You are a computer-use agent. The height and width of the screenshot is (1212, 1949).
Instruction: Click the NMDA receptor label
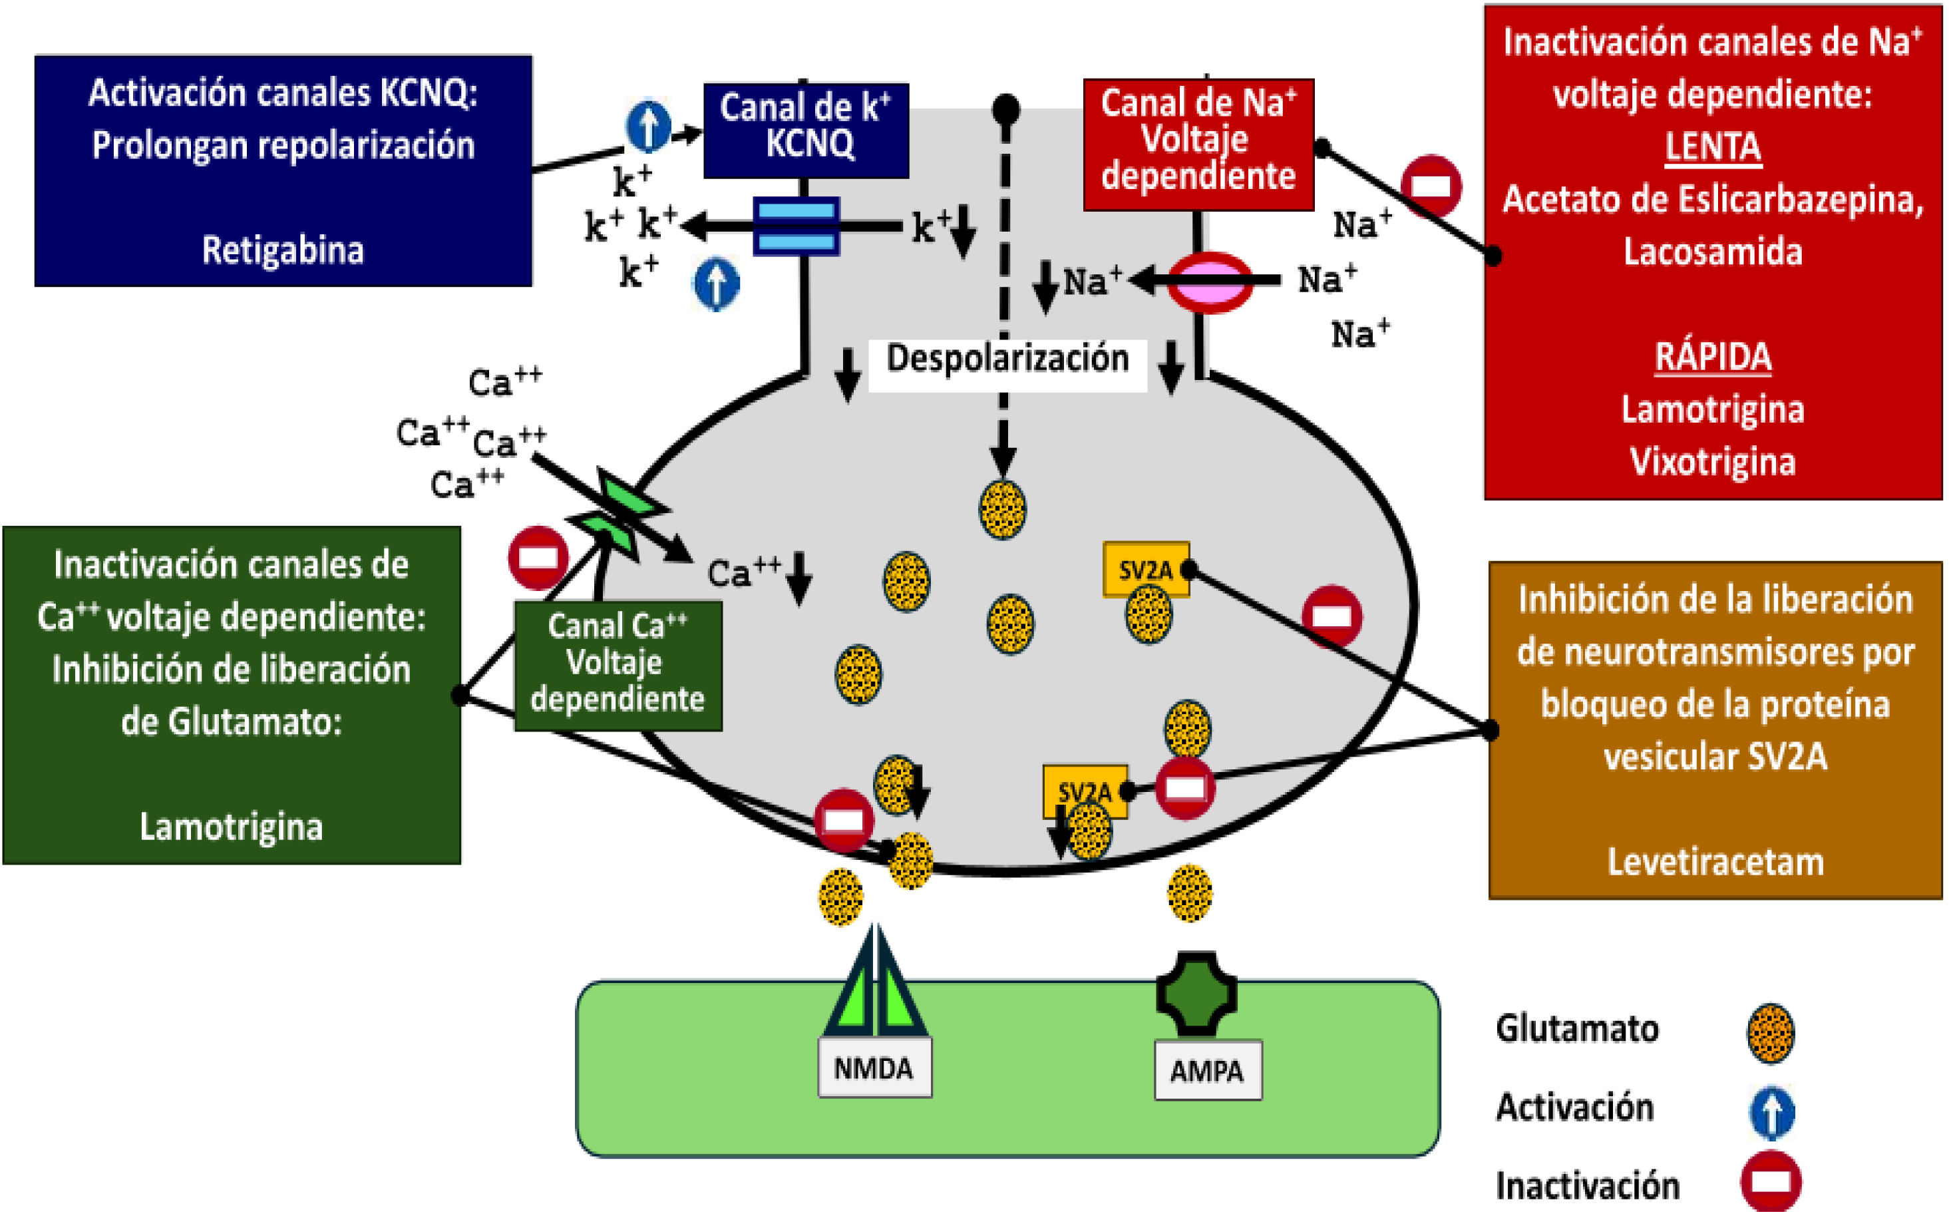pyautogui.click(x=874, y=1068)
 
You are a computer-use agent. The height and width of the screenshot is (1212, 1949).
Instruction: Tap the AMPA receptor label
pyautogui.click(x=1207, y=1070)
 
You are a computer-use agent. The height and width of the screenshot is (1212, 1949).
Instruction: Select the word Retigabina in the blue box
pyautogui.click(x=282, y=250)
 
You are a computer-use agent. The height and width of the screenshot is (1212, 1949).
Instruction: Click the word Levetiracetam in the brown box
pyautogui.click(x=1715, y=862)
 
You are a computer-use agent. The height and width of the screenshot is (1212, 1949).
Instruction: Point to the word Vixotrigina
pyautogui.click(x=1713, y=462)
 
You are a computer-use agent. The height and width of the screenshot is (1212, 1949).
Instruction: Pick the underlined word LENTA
pyautogui.click(x=1713, y=146)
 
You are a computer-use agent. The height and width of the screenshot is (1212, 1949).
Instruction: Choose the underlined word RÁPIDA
pyautogui.click(x=1713, y=357)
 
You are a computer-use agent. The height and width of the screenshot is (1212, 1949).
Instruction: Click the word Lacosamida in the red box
pyautogui.click(x=1713, y=252)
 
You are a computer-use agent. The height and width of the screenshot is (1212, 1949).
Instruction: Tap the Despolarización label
pyautogui.click(x=1007, y=358)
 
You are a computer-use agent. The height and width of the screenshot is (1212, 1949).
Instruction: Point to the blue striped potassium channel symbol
pyautogui.click(x=797, y=226)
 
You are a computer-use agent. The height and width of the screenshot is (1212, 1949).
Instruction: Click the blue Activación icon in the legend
pyautogui.click(x=1772, y=1111)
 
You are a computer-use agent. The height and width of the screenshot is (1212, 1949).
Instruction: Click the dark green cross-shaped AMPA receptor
pyautogui.click(x=1196, y=993)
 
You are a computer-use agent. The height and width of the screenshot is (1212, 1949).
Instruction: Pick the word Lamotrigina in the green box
pyautogui.click(x=231, y=827)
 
